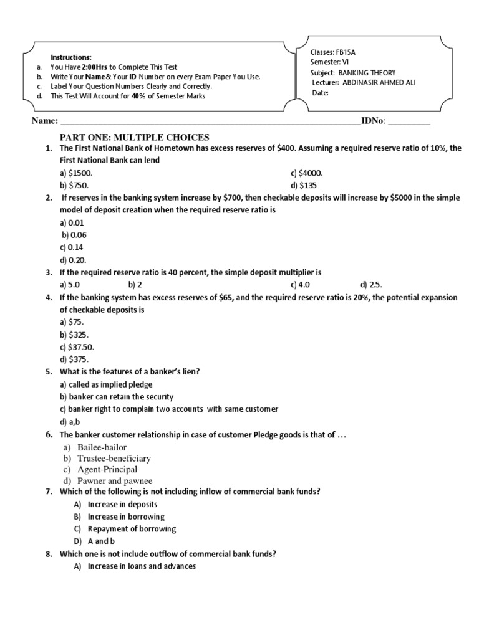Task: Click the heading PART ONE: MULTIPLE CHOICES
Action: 134,137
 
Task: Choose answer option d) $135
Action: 304,186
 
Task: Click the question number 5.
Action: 48,372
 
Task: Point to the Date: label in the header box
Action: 320,93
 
